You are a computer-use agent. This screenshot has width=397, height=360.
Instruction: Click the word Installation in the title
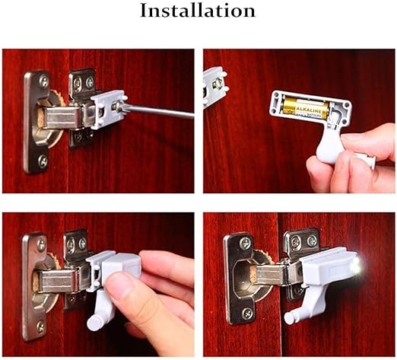coord(198,11)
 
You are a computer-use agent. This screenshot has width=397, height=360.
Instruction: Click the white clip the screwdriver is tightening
coord(106,107)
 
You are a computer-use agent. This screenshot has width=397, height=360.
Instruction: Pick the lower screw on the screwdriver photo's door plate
coord(43,161)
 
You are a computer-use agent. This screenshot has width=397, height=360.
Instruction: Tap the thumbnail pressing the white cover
coord(118,285)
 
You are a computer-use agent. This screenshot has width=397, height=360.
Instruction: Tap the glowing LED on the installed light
coord(356,264)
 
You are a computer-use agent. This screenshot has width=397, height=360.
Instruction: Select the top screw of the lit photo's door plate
coord(245,244)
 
